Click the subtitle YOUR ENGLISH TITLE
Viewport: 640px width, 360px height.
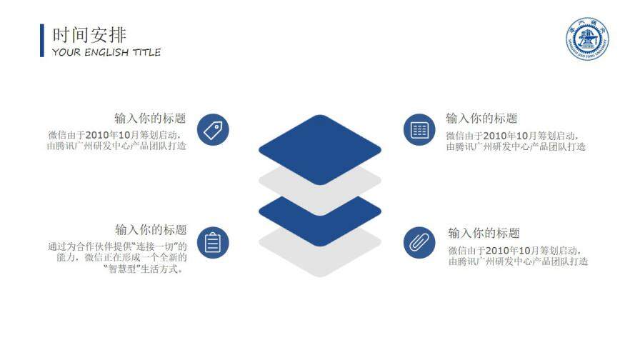coord(106,52)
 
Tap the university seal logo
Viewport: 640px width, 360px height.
coord(588,39)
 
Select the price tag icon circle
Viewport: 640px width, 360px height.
coord(213,130)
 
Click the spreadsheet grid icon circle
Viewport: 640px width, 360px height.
coord(419,130)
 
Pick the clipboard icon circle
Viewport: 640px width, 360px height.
coord(213,243)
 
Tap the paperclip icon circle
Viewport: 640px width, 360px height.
coord(419,243)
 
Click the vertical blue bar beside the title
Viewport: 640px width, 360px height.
coord(42,40)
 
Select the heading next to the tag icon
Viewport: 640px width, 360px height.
coord(151,119)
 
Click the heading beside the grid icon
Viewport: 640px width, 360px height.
coord(481,119)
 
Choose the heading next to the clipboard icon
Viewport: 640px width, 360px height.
coord(151,230)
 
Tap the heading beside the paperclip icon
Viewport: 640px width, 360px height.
coord(484,233)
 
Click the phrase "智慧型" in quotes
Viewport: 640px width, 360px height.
coord(120,269)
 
